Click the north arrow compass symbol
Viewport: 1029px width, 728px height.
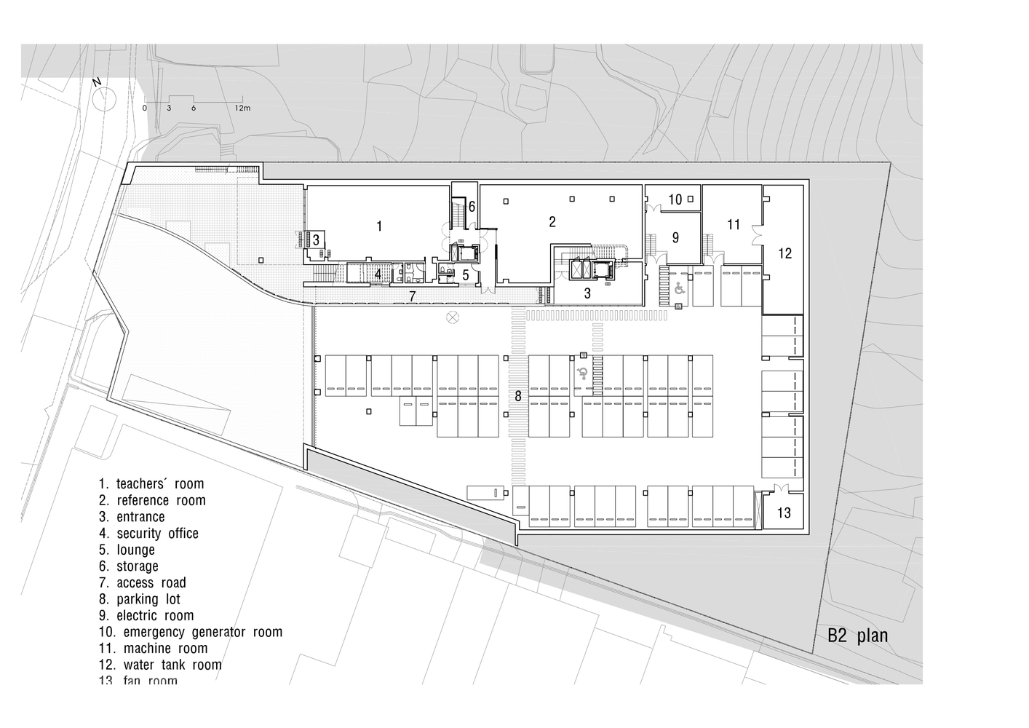pos(103,97)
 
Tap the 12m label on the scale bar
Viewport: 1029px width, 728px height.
pos(242,108)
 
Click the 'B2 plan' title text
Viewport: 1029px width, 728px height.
pos(857,636)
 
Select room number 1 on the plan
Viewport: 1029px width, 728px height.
pos(378,226)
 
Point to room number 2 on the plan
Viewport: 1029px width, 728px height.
pos(552,221)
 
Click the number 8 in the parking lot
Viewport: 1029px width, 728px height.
pos(518,396)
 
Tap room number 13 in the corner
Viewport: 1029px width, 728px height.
pos(784,513)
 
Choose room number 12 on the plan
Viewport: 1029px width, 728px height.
pos(784,253)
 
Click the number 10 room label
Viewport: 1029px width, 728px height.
pos(675,199)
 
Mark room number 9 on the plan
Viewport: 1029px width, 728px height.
pos(675,237)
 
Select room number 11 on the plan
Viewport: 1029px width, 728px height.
pos(733,224)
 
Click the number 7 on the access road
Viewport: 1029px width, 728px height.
pos(412,296)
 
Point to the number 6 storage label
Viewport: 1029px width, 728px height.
pos(472,207)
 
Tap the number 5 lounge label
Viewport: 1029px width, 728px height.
pos(466,275)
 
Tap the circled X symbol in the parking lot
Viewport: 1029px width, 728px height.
pos(453,317)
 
